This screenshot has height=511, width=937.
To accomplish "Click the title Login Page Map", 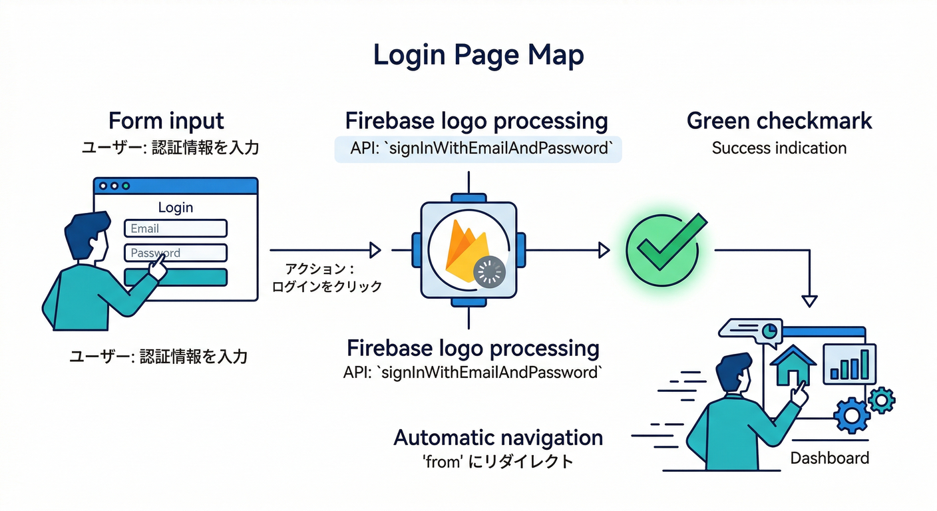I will (x=478, y=55).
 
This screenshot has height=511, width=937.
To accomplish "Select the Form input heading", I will (x=166, y=121).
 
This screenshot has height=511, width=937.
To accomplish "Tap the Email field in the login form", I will (x=176, y=228).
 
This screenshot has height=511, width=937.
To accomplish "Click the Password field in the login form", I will (x=176, y=253).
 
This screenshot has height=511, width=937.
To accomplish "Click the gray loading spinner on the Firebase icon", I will (x=490, y=271).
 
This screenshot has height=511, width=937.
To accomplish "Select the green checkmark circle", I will (x=661, y=249).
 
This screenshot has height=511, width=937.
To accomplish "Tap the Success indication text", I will (x=779, y=148).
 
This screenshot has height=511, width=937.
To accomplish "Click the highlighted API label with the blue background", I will (x=477, y=148).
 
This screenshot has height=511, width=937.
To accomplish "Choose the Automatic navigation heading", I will (x=498, y=438).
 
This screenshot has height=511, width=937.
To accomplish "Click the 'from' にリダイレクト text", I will (x=498, y=461).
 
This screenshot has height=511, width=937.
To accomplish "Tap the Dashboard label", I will (x=829, y=458).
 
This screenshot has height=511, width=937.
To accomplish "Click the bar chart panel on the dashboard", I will (x=850, y=364).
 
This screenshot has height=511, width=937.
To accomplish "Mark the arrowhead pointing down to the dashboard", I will (x=809, y=301).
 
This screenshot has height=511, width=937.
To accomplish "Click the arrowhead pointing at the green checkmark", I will (x=604, y=250).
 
